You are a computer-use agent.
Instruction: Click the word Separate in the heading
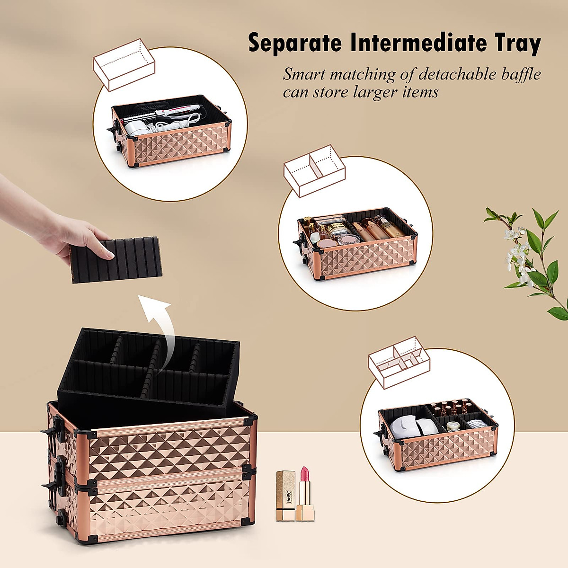(294, 44)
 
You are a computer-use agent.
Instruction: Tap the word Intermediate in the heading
(418, 44)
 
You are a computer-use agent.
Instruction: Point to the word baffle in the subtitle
(517, 74)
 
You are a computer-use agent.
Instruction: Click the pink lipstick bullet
(303, 479)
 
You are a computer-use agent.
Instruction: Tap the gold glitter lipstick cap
(285, 488)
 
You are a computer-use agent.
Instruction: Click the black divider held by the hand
(116, 260)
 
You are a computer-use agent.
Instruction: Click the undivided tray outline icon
(124, 64)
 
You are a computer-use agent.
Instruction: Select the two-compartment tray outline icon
(314, 170)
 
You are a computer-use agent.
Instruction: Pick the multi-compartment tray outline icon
(399, 362)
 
